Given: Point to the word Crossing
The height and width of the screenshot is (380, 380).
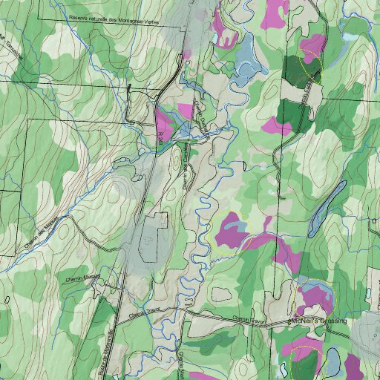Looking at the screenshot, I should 337,321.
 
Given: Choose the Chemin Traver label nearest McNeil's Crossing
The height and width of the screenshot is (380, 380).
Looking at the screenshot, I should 249,320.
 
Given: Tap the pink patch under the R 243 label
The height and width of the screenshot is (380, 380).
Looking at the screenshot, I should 165,123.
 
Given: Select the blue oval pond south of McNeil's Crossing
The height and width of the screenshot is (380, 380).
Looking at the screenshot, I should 333,361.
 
